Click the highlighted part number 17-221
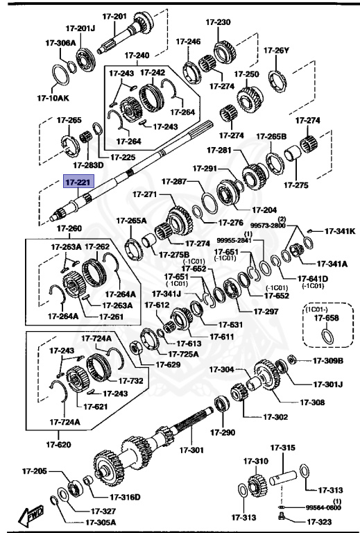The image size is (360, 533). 78,183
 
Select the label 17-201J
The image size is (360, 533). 80,28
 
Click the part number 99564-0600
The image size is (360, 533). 323,507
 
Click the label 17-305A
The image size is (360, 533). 101,523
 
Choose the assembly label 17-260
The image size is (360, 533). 69,228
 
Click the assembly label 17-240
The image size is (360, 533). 137,55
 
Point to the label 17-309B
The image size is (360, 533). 327,360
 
